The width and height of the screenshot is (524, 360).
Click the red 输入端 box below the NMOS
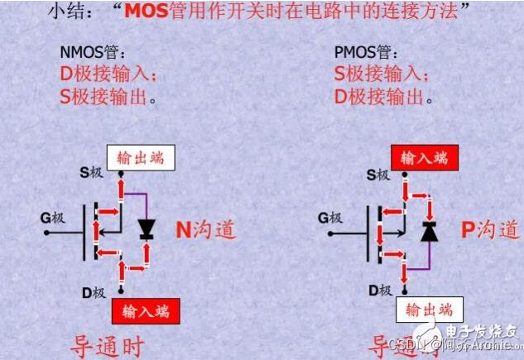[x=145, y=311]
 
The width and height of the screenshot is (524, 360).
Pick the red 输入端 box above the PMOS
[x=426, y=157]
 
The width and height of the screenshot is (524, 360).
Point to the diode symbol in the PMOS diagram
[x=428, y=231]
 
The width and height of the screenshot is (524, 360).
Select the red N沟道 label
[x=204, y=228]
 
